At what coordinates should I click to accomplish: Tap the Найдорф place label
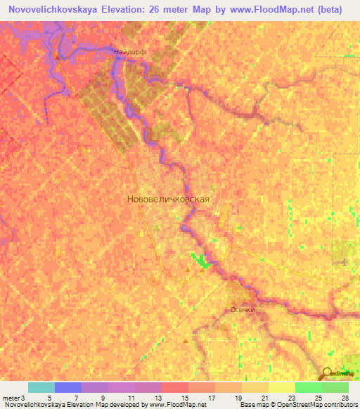pos(129,52)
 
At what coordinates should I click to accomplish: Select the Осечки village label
pos(242,309)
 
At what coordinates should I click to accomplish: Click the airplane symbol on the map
pos(344,262)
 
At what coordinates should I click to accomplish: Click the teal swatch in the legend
pos(41,387)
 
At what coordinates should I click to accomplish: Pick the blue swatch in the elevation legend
pos(68,387)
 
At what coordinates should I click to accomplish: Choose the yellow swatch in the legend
pos(282,387)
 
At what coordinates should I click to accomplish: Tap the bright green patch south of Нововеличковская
pos(202,262)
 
